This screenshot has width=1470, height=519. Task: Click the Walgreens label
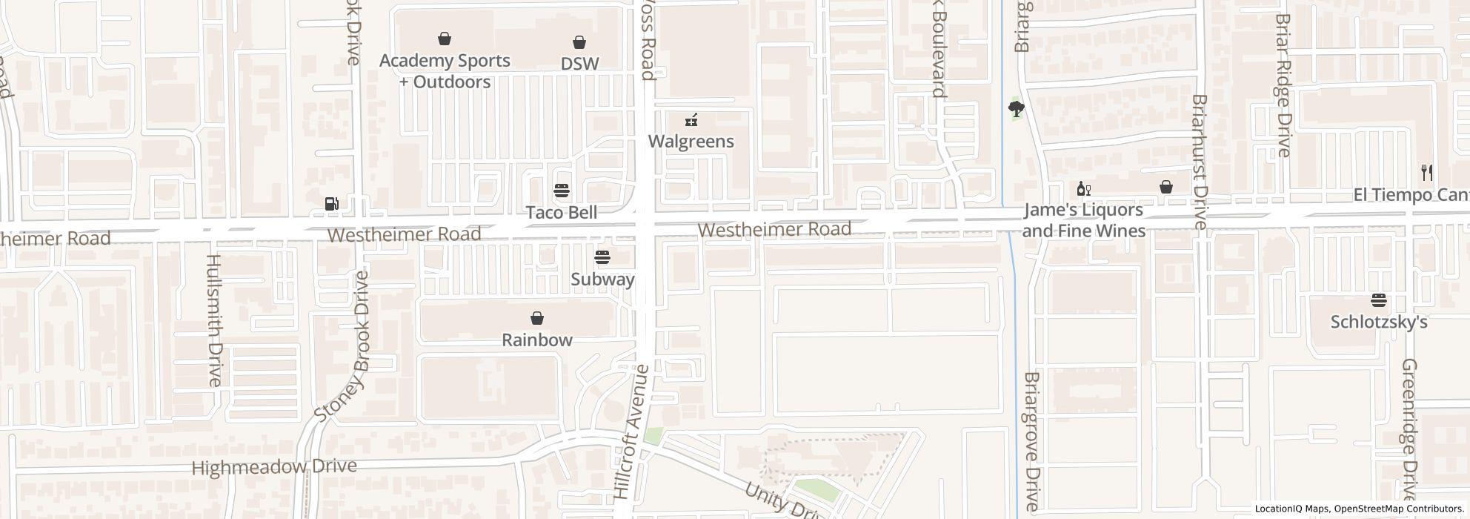coord(691,141)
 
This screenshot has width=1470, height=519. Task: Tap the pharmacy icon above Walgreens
coord(691,119)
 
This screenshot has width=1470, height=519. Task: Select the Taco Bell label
coord(562,212)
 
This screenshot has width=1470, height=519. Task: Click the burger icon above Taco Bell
coord(562,191)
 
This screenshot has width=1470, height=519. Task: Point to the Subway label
coord(602,279)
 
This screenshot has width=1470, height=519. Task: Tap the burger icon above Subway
coord(602,257)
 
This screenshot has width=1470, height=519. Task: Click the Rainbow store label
coord(537,340)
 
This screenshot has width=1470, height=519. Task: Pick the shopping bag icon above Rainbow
coord(537,318)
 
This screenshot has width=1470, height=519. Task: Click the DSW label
coord(579,64)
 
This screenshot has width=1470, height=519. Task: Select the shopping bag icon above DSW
coord(579,43)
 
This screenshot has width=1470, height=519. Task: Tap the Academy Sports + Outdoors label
coord(445,70)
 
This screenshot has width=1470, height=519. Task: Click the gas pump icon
coord(332,203)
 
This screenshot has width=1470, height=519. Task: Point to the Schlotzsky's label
coord(1379,322)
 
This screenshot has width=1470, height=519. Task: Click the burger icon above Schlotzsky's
coord(1379,300)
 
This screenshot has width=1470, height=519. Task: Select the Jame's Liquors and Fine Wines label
coord(1084,220)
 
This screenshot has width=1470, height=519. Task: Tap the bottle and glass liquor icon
coord(1084,188)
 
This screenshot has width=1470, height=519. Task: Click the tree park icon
coord(1017,110)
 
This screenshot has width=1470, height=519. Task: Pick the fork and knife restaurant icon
coord(1427,173)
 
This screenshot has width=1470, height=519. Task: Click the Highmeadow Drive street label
coord(274,467)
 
